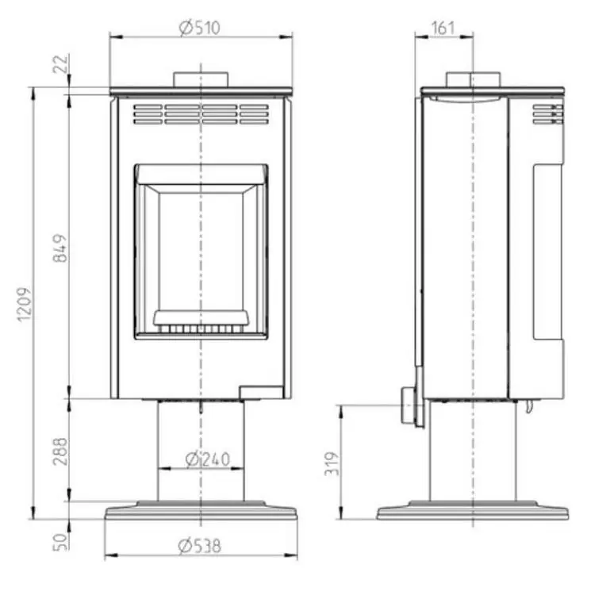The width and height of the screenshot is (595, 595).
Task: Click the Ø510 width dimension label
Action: click(200, 28)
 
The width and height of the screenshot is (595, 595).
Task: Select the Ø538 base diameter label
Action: click(200, 546)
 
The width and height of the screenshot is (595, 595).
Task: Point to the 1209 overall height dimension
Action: click(24, 302)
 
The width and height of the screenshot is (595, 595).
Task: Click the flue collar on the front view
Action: click(202, 80)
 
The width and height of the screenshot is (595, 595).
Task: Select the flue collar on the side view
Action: click(474, 80)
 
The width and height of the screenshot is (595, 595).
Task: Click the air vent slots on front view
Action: click(202, 114)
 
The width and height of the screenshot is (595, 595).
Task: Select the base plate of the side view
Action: click(473, 512)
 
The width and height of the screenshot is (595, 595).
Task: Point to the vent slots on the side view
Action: click(547, 114)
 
